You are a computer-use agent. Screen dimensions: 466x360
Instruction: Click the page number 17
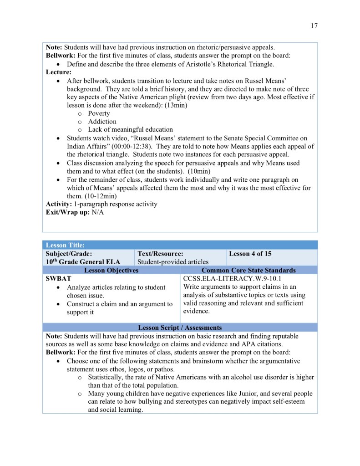[314, 26]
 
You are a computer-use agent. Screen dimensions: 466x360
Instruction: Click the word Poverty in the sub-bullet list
[99, 113]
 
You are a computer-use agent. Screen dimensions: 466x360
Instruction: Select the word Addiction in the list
[102, 122]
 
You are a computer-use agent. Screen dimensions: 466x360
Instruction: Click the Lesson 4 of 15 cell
[250, 253]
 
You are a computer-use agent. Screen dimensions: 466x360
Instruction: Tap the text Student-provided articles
[173, 261]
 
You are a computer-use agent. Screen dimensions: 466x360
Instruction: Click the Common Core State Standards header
[248, 270]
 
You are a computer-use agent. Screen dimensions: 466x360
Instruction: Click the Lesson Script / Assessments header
[180, 328]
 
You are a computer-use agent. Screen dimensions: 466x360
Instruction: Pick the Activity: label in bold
[59, 204]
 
